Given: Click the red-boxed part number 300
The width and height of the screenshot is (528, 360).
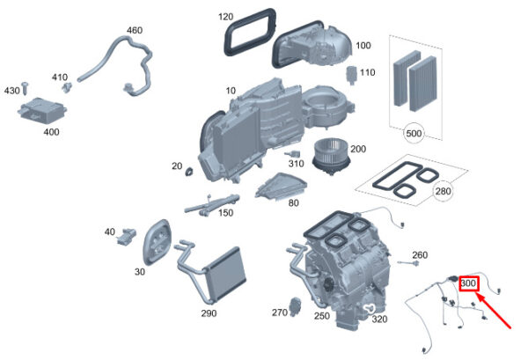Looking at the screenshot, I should click(x=467, y=284).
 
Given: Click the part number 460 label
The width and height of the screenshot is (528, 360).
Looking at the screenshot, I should click(x=134, y=31).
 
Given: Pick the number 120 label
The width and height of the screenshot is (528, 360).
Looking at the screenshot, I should click(x=226, y=17).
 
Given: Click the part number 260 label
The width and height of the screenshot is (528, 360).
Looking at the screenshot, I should click(x=420, y=255).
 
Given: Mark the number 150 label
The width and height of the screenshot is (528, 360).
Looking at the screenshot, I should click(x=226, y=213).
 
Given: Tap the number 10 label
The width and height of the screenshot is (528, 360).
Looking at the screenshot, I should click(x=231, y=91).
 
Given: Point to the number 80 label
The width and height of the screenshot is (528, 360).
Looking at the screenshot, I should click(x=293, y=202).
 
